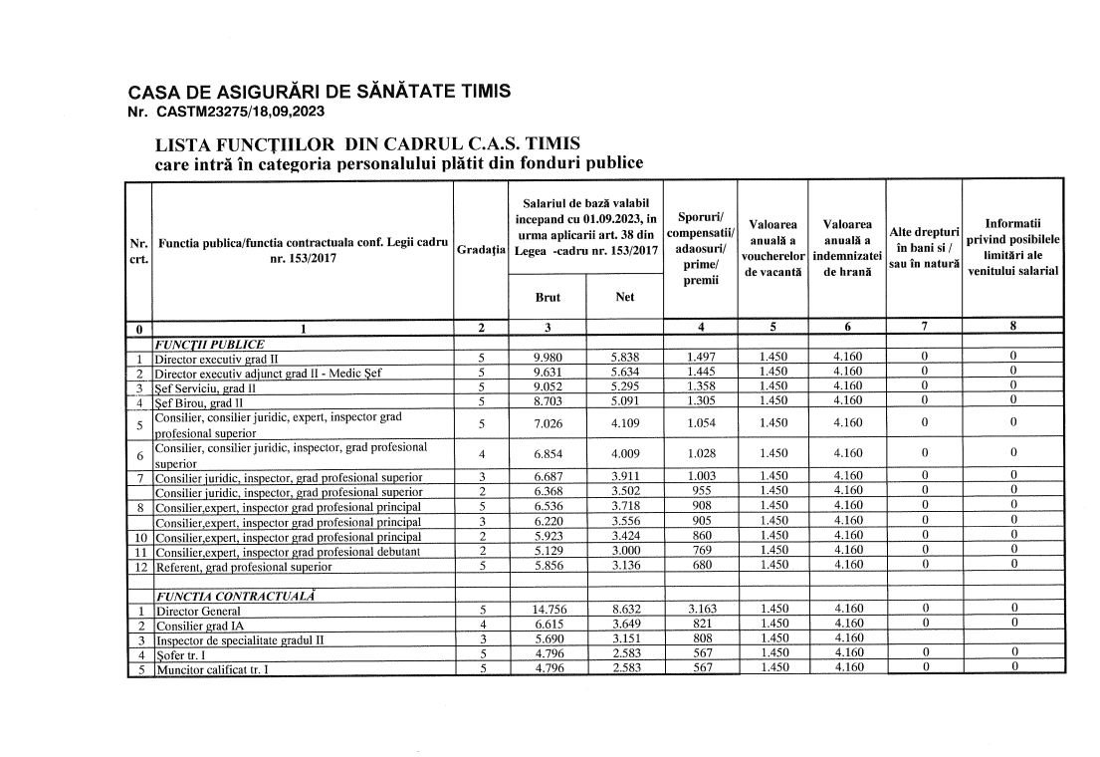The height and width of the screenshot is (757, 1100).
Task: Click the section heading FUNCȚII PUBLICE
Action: point(208,345)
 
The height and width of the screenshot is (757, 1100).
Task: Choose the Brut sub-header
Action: point(548,296)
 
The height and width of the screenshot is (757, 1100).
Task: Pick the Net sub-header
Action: point(625,296)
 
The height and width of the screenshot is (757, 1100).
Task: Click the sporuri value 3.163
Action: point(701,609)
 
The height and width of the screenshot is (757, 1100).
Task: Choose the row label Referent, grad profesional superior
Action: point(243,567)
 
